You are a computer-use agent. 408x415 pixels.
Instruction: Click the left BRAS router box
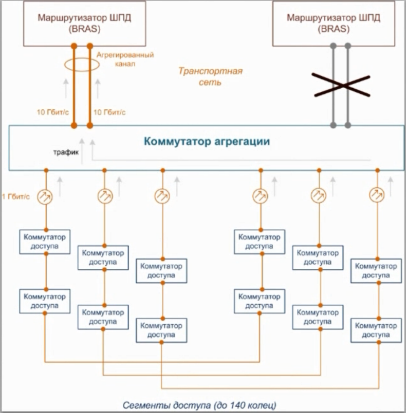(x=83, y=24)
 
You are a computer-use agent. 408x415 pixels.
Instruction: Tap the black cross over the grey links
(x=341, y=85)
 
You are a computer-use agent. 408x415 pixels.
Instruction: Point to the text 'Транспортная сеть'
(x=210, y=76)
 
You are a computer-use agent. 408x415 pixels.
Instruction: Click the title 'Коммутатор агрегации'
(x=207, y=141)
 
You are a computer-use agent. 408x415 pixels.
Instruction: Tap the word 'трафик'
(x=65, y=152)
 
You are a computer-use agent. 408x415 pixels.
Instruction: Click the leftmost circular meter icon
(x=46, y=195)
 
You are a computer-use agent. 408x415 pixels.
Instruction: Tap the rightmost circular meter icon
(x=377, y=195)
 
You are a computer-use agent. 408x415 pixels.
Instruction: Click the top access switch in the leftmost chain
(x=46, y=242)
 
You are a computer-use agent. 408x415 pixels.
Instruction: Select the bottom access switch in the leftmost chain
(x=46, y=301)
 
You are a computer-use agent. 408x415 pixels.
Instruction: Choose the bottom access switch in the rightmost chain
(x=377, y=330)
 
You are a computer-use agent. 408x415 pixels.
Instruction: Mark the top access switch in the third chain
(x=162, y=271)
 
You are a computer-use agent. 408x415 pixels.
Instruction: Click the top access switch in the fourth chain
(x=260, y=242)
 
